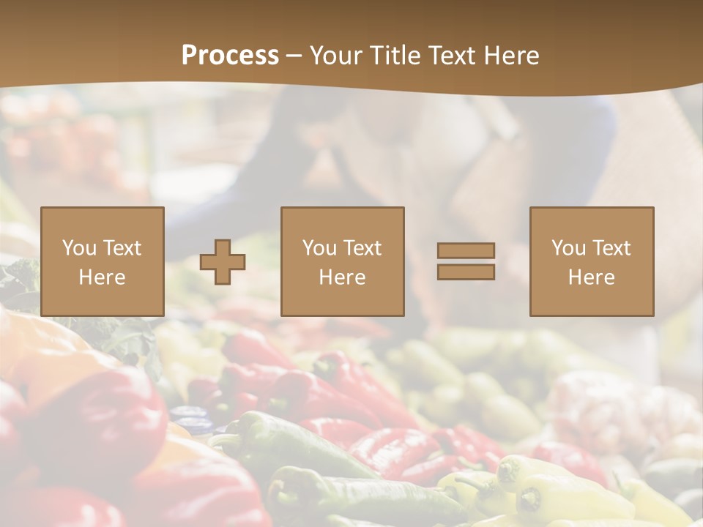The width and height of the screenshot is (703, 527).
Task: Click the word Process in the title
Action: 230,56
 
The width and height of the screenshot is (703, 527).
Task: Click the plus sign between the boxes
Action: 223,261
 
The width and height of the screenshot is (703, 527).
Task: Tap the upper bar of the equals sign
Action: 466,250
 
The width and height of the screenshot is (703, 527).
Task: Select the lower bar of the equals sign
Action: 466,272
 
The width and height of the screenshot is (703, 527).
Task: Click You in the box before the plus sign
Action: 80,248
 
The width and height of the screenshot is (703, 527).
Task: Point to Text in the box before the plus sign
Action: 122,248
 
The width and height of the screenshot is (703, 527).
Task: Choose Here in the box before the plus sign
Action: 102,277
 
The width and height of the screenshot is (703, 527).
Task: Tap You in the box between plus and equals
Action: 320,248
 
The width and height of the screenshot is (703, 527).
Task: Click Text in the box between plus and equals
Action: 362,248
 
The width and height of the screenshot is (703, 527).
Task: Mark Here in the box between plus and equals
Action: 342,277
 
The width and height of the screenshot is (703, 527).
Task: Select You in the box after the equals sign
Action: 569,248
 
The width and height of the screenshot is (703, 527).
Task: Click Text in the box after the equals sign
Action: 611,248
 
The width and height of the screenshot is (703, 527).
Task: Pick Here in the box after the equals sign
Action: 591,277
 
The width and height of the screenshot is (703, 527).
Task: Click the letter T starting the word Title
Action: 379,56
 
